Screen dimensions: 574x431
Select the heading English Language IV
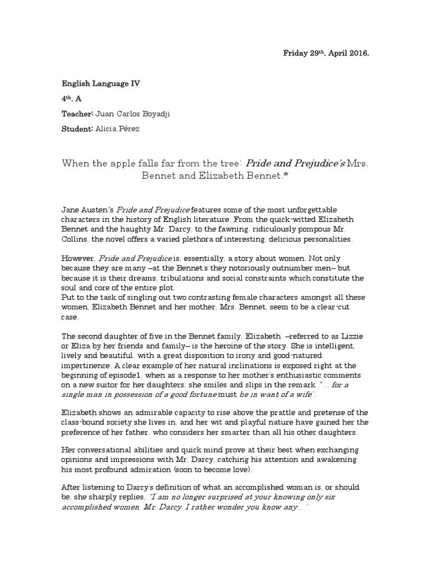[x=101, y=84]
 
